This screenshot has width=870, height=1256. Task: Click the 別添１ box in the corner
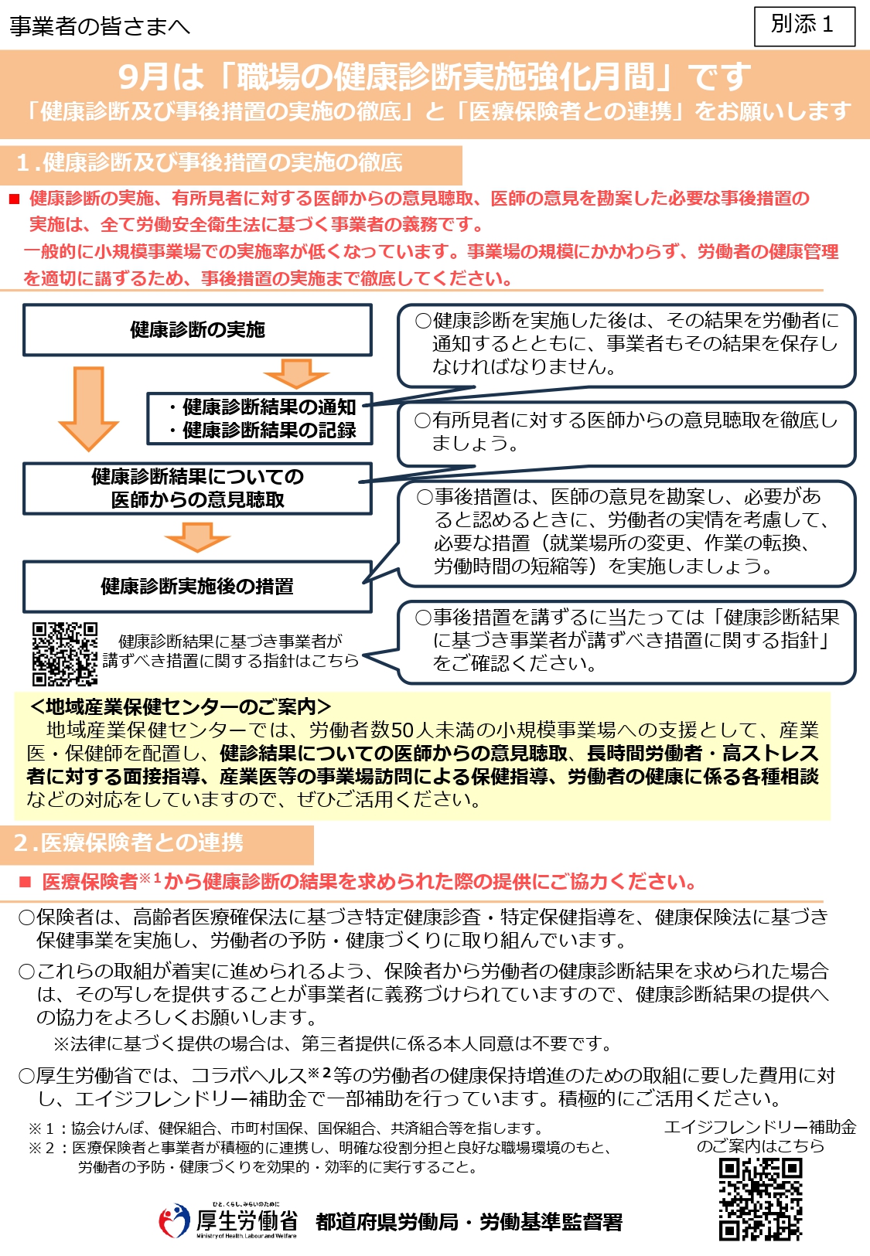(x=804, y=26)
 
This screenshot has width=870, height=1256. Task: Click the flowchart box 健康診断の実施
(x=197, y=330)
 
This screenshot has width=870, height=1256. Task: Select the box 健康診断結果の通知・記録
(x=260, y=419)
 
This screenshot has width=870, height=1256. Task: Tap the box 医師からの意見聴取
(x=197, y=488)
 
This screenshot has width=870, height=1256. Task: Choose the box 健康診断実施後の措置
(x=197, y=587)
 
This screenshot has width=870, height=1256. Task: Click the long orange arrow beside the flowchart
(x=88, y=407)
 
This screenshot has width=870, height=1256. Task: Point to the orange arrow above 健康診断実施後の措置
(x=197, y=536)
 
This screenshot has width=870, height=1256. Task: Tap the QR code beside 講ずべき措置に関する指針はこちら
(x=65, y=654)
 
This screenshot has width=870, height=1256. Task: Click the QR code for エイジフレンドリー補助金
(x=760, y=1199)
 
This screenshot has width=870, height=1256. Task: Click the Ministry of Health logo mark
(x=174, y=1221)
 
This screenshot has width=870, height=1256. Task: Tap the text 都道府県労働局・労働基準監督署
(x=469, y=1222)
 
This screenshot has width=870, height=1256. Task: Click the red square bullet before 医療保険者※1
(x=25, y=882)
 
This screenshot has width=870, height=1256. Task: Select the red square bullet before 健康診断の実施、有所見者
(x=14, y=199)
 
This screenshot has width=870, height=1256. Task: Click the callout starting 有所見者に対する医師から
(x=626, y=431)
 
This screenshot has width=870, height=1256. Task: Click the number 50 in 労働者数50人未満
(x=403, y=730)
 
